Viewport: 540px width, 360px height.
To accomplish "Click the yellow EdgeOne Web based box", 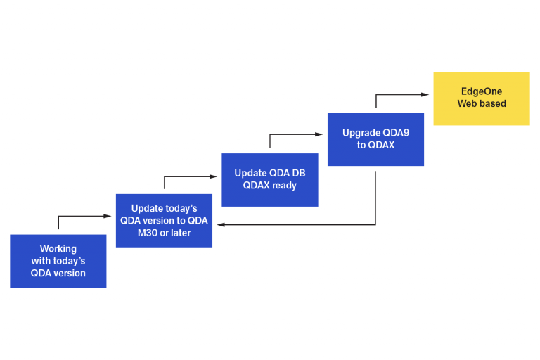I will click(x=481, y=98).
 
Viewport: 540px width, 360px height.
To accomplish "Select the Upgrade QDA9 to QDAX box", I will click(x=375, y=139).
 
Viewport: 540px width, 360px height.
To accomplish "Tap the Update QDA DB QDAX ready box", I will click(x=269, y=179).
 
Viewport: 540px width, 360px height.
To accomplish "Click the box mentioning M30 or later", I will click(x=164, y=220).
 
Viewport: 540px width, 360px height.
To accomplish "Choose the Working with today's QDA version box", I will click(x=58, y=261).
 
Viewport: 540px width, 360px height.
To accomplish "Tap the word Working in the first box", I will click(x=58, y=249).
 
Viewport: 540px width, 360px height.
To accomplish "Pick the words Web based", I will click(x=482, y=104).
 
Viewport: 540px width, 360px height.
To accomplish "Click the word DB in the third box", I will click(x=297, y=173).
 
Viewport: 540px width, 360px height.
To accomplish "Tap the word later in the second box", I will click(x=179, y=233).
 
